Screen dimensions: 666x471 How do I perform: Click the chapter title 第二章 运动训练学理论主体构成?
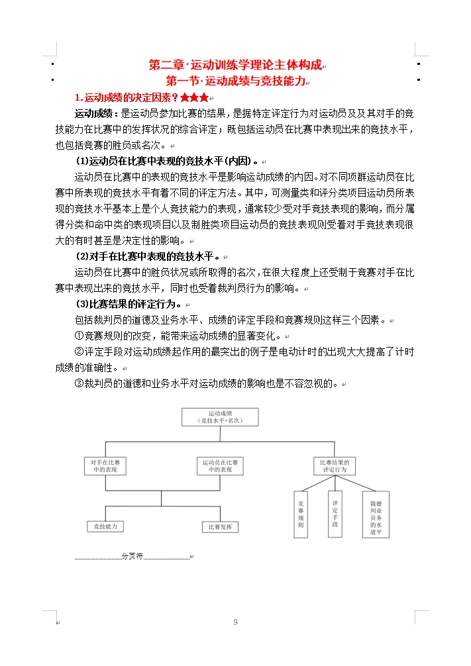[235, 66]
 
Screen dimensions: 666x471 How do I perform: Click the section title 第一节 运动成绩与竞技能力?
[235, 81]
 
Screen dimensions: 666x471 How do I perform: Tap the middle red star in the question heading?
[194, 98]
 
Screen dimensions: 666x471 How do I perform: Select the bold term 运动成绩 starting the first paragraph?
[96, 114]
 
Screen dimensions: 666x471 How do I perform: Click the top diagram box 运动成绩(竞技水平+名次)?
[220, 417]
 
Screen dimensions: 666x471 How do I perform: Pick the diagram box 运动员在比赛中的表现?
[220, 465]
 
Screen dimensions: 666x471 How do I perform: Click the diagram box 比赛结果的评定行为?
[334, 465]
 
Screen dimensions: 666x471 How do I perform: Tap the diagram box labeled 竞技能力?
[105, 526]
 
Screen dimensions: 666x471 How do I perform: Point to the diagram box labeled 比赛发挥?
[220, 527]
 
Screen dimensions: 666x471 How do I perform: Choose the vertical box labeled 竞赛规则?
[301, 514]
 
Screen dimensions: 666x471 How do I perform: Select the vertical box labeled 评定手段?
[335, 513]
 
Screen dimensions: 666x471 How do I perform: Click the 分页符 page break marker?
[132, 556]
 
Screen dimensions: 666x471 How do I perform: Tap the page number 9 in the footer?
[235, 622]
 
